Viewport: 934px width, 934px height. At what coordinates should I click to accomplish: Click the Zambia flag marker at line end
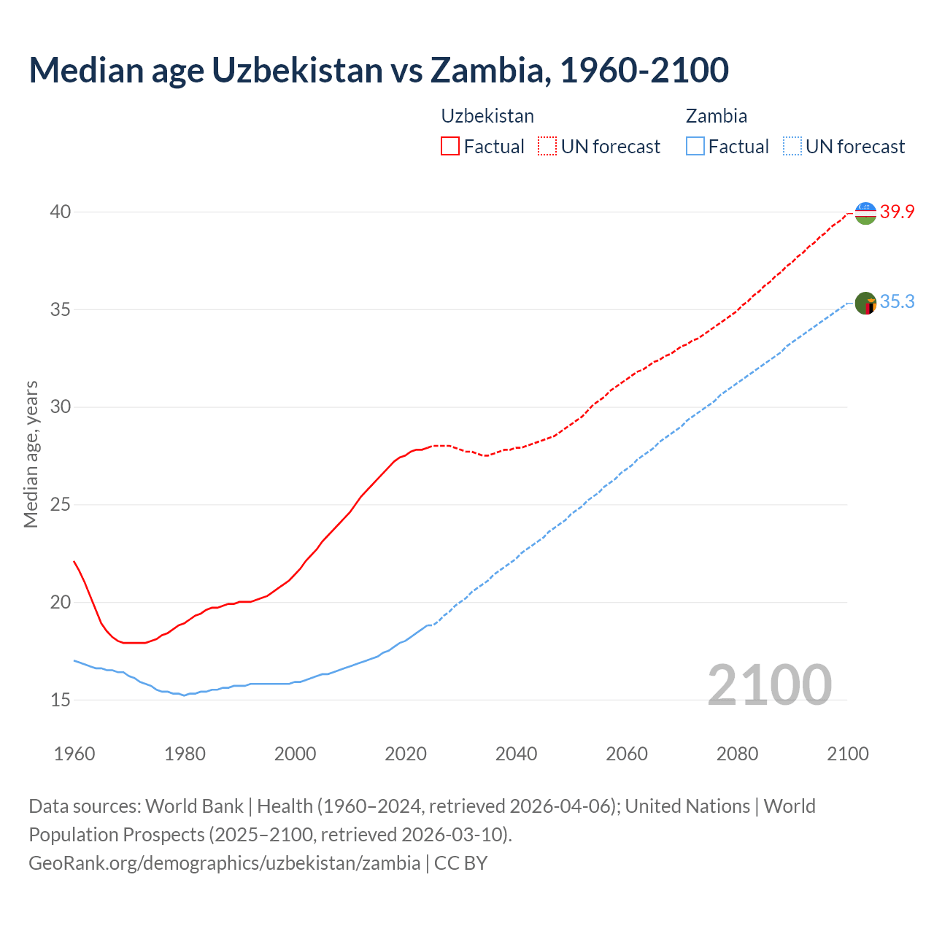point(865,303)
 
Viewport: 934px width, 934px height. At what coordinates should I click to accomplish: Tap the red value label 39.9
point(897,212)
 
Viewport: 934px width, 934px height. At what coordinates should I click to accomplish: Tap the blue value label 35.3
point(897,302)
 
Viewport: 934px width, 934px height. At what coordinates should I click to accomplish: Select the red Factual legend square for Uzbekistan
point(450,147)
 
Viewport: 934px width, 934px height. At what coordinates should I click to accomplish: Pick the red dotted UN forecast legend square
point(547,147)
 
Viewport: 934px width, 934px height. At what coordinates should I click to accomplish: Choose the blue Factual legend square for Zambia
point(695,147)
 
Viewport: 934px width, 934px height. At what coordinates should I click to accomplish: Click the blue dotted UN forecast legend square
point(792,147)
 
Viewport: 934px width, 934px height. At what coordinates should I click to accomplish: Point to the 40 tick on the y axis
point(61,212)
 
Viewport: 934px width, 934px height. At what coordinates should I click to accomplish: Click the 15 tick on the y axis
point(61,700)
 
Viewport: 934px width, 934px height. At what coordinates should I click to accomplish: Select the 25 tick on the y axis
point(61,505)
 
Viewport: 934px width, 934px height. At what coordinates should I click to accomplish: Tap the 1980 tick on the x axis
point(185,754)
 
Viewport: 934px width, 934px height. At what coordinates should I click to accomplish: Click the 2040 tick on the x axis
point(516,754)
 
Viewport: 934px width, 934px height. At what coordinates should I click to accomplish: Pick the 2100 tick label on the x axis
point(848,754)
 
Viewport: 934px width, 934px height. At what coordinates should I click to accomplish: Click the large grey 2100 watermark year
point(769,684)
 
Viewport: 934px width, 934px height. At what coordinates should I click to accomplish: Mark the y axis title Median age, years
point(31,454)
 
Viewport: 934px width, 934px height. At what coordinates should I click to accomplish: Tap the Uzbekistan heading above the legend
point(487,116)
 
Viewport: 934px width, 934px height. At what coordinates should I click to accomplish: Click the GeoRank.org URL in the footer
point(224,863)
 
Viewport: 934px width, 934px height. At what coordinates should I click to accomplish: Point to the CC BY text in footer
point(460,863)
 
